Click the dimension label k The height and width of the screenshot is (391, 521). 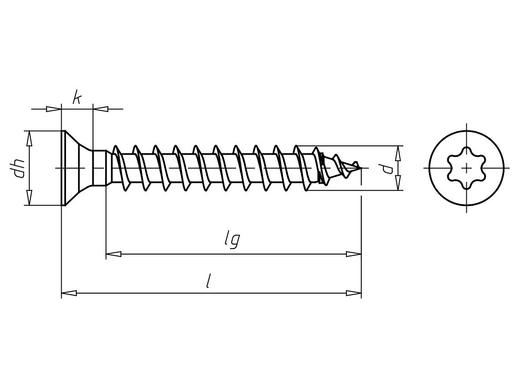tap(77, 97)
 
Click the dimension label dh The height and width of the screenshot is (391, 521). tap(19, 168)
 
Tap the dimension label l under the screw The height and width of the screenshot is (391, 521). tap(209, 281)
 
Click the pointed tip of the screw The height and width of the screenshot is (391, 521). tap(360, 167)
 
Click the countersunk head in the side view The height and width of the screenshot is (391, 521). tap(76, 168)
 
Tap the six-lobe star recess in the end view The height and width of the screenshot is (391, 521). tap(467, 168)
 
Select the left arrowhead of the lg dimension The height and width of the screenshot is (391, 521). tap(114, 254)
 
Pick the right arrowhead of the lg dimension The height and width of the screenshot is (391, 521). tap(353, 254)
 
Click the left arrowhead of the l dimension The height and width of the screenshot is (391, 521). tap(69, 293)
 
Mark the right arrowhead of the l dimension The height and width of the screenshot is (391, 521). tap(353, 293)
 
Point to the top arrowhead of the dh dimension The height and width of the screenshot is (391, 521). tap(30, 138)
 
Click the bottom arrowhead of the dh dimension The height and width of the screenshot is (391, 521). tap(30, 198)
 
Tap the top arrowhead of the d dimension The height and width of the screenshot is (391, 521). tap(397, 153)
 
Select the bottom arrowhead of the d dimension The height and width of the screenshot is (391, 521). tap(397, 183)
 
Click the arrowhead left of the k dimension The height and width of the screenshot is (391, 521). tap(54, 109)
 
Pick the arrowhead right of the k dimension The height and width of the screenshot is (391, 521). tap(100, 109)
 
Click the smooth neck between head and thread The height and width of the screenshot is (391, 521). tap(99, 168)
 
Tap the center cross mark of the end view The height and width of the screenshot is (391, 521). tap(467, 168)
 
